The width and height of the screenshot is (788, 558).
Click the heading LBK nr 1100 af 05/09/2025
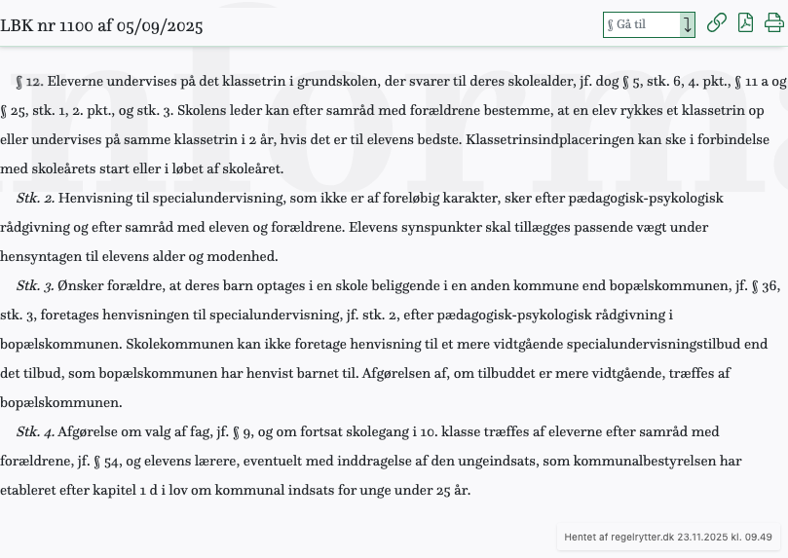[x=100, y=25]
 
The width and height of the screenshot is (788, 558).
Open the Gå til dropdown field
[x=648, y=24]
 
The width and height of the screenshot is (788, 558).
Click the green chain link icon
[x=716, y=23]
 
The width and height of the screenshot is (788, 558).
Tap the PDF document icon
[x=745, y=23]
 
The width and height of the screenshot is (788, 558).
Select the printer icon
[x=773, y=23]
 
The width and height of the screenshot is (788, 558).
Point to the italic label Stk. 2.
[x=35, y=199]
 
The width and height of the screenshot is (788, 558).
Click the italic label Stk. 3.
[x=35, y=286]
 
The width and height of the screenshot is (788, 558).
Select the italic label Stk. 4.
[x=35, y=432]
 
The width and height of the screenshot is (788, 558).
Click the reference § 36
[x=767, y=286]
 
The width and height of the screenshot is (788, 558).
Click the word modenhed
[x=244, y=257]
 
